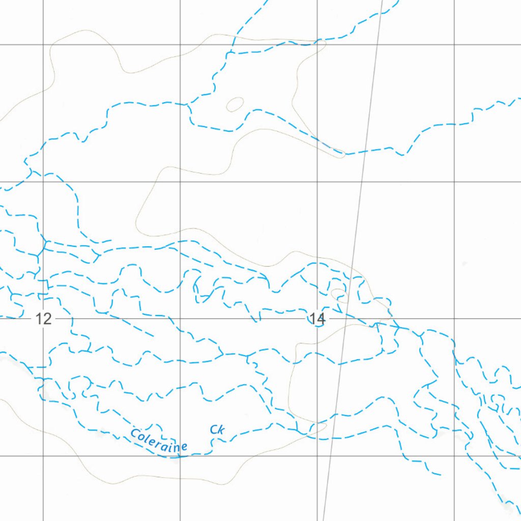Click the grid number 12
click(44, 320)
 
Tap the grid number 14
click(316, 319)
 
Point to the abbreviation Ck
click(217, 430)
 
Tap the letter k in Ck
click(221, 430)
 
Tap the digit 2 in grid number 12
click(47, 320)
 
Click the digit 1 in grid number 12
click(40, 320)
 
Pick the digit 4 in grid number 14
click(320, 319)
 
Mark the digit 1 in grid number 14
click(312, 319)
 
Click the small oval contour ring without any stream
click(234, 104)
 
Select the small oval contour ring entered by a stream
click(339, 295)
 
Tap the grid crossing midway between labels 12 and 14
click(181, 319)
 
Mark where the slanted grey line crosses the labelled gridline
click(345, 319)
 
